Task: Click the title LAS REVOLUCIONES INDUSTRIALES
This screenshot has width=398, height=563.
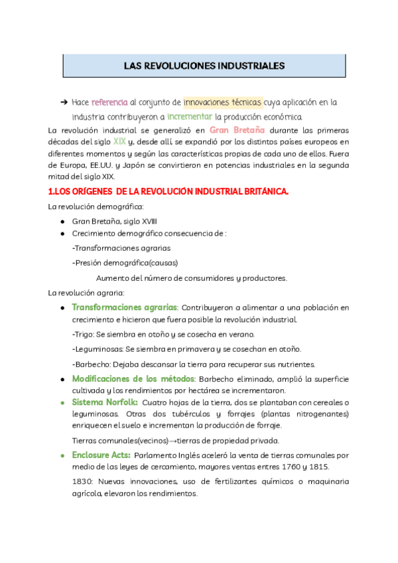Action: tap(204, 66)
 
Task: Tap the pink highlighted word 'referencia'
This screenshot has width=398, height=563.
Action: tap(109, 102)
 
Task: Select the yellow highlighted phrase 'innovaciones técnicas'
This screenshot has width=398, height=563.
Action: tap(223, 102)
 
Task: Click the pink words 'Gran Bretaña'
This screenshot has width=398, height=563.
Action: tap(237, 129)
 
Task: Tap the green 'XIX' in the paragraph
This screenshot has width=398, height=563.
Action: tap(119, 141)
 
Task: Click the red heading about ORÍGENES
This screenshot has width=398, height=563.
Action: tap(169, 192)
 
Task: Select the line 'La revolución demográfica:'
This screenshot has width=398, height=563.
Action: tap(91, 207)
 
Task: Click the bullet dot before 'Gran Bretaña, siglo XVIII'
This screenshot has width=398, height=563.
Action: tap(62, 221)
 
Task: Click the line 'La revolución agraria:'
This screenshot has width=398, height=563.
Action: tap(86, 293)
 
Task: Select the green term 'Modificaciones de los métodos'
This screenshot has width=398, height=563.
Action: tap(133, 378)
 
